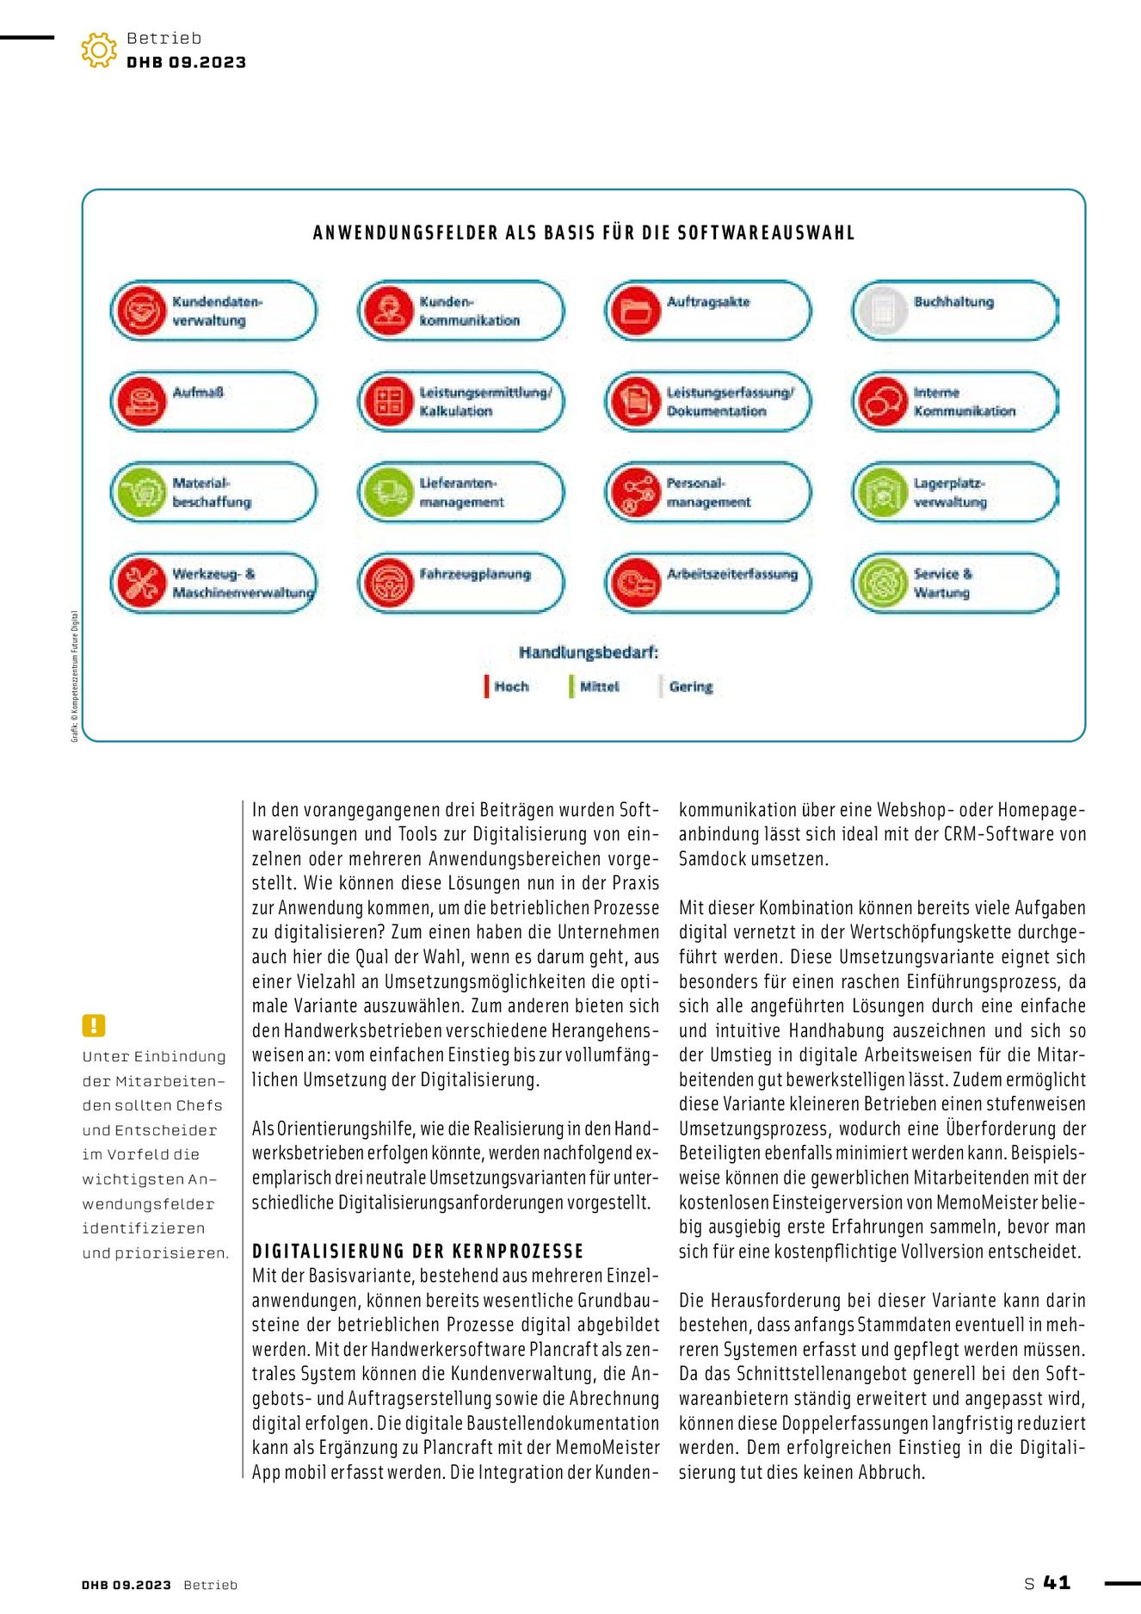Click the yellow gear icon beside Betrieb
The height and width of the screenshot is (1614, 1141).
(x=99, y=50)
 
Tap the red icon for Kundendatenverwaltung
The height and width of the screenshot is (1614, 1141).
(x=141, y=311)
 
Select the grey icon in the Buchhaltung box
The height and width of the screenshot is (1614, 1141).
(x=883, y=311)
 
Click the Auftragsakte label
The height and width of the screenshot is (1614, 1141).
(x=708, y=302)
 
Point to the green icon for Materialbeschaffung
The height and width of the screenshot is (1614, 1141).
(x=141, y=492)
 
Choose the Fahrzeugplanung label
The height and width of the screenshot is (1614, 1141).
(x=475, y=574)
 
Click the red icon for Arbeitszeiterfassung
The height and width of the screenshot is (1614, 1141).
(x=636, y=583)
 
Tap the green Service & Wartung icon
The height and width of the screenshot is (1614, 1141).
(x=883, y=583)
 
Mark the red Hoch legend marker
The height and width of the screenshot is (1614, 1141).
(x=486, y=686)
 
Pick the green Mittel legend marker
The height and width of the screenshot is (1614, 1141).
(x=570, y=686)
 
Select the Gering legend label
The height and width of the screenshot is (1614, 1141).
(x=691, y=687)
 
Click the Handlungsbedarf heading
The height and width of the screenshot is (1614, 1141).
(x=589, y=652)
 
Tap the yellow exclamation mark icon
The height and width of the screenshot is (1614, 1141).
(x=94, y=1025)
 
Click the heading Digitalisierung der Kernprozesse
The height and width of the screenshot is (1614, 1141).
(x=417, y=1252)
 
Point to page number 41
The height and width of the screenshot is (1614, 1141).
(x=1057, y=1582)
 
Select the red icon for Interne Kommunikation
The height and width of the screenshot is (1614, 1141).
(x=883, y=402)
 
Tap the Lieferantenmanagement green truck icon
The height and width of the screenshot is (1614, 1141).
(x=389, y=492)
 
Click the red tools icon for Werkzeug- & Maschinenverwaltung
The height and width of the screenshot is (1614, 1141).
(x=141, y=583)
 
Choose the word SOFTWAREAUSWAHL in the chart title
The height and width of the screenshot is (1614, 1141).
(x=766, y=233)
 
